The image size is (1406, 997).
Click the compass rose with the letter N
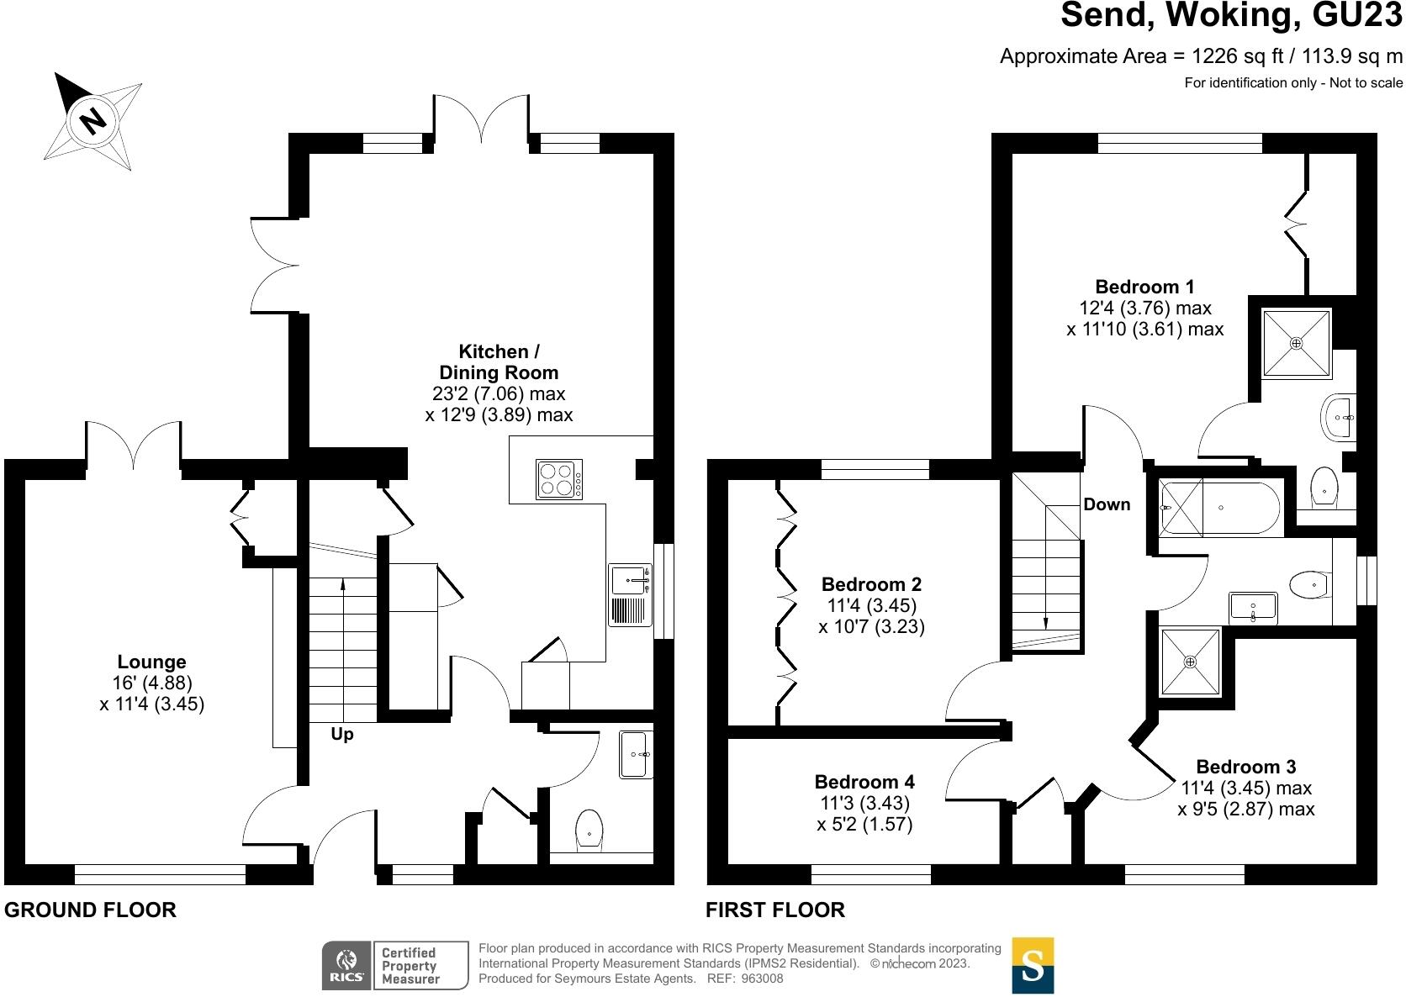pyautogui.click(x=93, y=120)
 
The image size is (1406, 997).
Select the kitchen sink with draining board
pyautogui.click(x=631, y=595)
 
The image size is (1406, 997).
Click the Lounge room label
pyautogui.click(x=151, y=662)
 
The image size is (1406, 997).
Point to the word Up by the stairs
pyautogui.click(x=342, y=735)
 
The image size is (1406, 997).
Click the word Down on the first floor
pyautogui.click(x=1107, y=504)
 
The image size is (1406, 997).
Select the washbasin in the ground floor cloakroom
pyautogui.click(x=635, y=754)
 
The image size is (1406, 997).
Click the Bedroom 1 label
pyautogui.click(x=1144, y=287)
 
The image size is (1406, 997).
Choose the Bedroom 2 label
pyautogui.click(x=871, y=584)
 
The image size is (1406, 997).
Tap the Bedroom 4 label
pyautogui.click(x=864, y=782)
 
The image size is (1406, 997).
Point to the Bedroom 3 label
pyautogui.click(x=1246, y=767)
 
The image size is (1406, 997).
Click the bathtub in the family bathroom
pyautogui.click(x=1220, y=509)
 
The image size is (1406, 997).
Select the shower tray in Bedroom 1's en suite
pyautogui.click(x=1297, y=343)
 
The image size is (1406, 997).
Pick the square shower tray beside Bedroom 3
pyautogui.click(x=1190, y=662)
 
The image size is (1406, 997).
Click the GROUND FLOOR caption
pyautogui.click(x=91, y=910)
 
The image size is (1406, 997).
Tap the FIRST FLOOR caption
pyautogui.click(x=774, y=910)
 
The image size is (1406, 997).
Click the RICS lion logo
pyautogui.click(x=346, y=964)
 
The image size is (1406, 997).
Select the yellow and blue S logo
pyautogui.click(x=1033, y=965)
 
